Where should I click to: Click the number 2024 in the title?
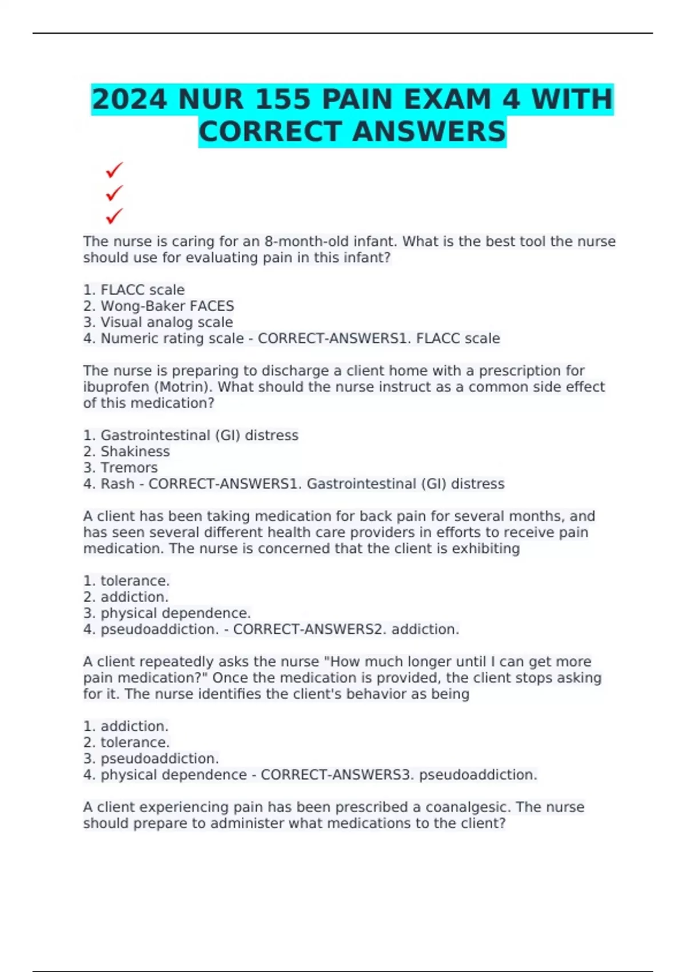coord(129,99)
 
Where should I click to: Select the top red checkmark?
coord(114,170)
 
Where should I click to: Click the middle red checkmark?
coord(114,193)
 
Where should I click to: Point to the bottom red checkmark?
coord(114,216)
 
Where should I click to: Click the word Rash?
coord(117,484)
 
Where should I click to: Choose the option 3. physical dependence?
coord(167,613)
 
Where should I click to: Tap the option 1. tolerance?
coord(126,581)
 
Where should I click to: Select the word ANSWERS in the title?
coord(429,132)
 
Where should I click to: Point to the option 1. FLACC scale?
coord(134,290)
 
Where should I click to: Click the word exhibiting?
coord(486,548)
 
